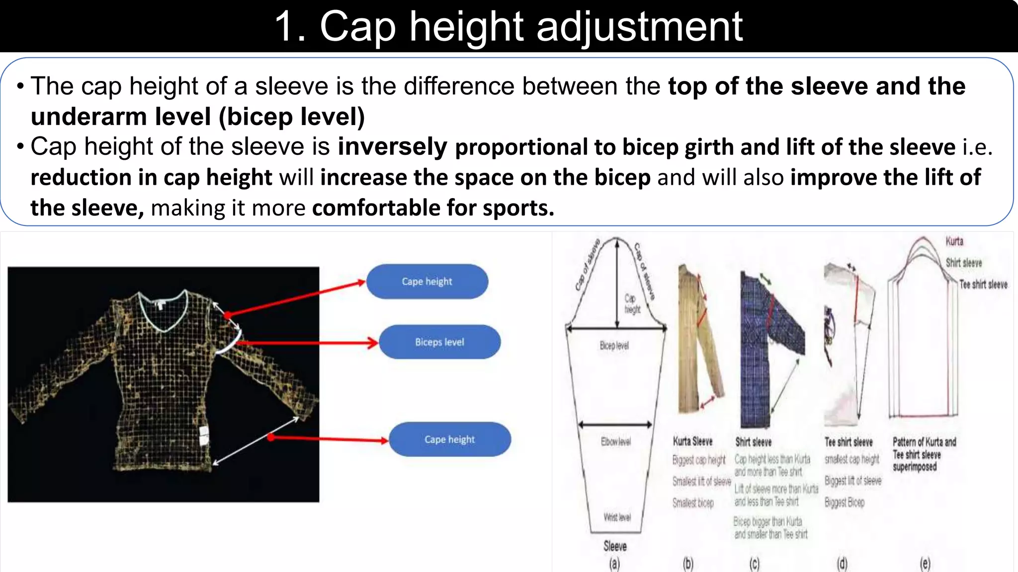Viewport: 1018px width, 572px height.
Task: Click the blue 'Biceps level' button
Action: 439,342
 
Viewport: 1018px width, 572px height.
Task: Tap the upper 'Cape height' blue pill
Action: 427,282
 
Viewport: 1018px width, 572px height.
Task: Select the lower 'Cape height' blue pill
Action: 449,439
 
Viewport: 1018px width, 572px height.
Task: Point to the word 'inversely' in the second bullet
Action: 393,147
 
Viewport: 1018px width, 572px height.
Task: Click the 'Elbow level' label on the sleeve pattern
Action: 615,441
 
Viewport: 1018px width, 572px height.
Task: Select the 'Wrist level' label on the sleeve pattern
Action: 617,517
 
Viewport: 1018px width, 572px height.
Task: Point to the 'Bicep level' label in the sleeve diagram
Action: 614,346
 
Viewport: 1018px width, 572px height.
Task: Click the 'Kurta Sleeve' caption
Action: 692,441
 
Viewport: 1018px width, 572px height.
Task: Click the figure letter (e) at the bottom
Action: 925,564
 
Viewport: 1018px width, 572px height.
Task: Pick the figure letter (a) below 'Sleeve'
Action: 615,564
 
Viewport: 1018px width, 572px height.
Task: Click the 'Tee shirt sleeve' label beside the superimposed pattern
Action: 983,285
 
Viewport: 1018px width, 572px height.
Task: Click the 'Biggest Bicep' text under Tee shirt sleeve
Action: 844,502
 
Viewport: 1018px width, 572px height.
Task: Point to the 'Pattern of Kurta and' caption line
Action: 924,442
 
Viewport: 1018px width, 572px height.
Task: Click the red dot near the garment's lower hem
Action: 270,437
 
